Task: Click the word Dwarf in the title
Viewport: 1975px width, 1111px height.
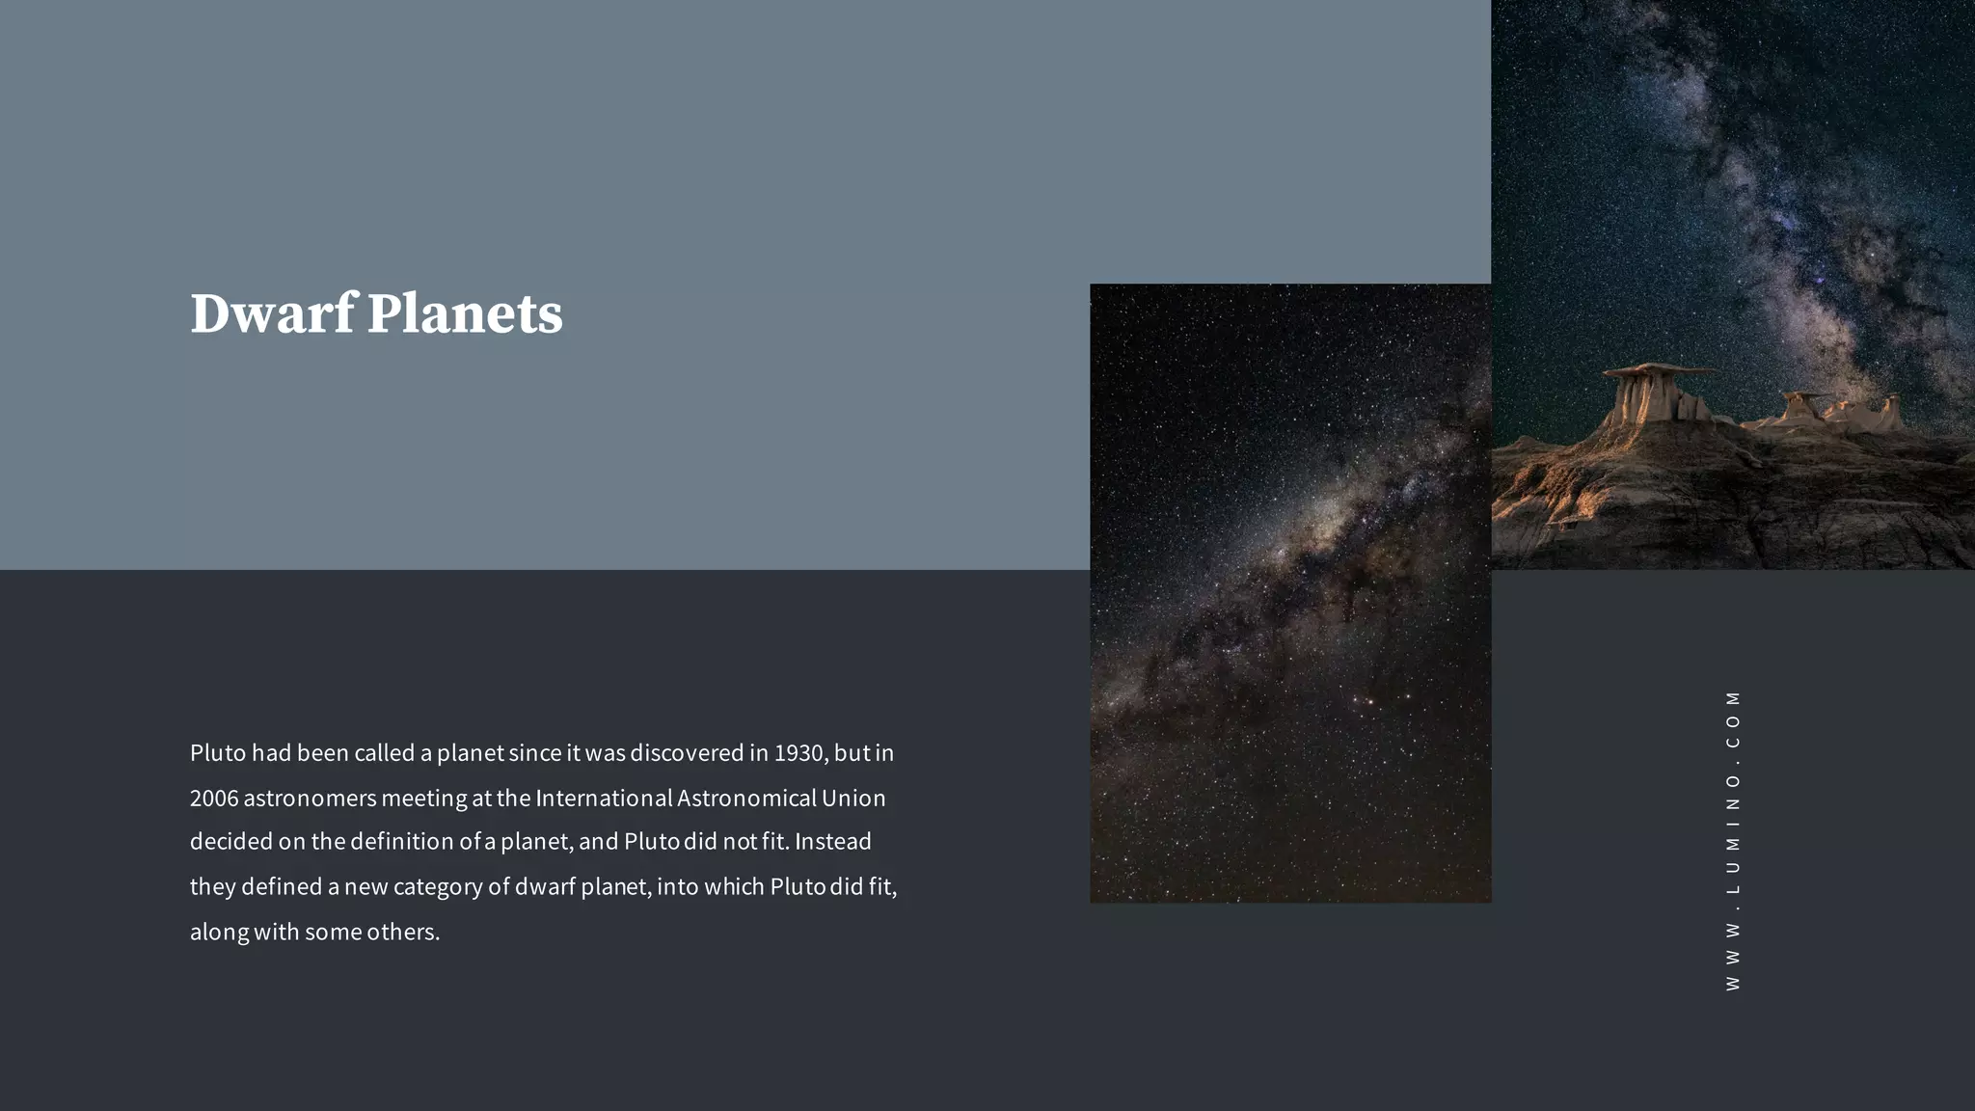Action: coord(272,313)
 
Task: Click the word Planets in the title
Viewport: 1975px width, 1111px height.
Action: coord(465,313)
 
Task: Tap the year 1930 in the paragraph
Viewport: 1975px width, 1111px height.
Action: coord(798,752)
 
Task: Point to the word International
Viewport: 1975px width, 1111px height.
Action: coord(604,798)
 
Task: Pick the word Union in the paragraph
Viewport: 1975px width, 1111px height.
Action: coord(853,798)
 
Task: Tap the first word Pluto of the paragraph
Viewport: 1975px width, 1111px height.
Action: coord(217,752)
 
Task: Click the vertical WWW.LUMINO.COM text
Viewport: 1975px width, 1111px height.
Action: coord(1733,840)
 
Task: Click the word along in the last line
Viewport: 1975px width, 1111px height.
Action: coord(219,932)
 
